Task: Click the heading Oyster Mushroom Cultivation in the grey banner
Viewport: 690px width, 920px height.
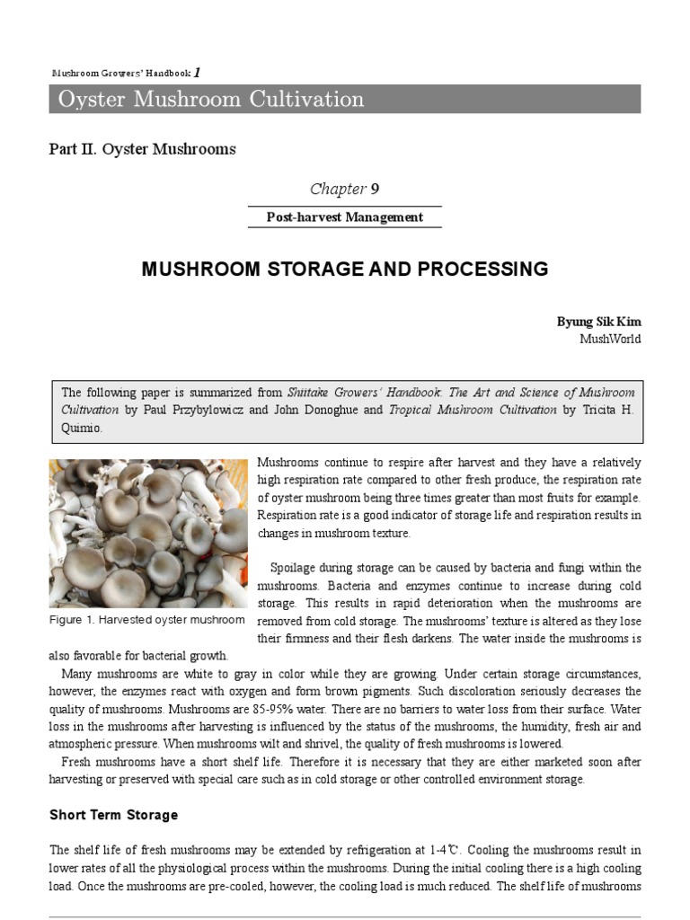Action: tap(211, 99)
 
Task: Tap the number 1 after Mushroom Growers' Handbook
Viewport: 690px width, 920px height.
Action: tap(197, 72)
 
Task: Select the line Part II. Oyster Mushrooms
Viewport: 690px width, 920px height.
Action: tap(142, 149)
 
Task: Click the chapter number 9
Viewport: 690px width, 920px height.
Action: tap(375, 189)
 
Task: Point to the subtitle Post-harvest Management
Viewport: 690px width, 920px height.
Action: tap(345, 217)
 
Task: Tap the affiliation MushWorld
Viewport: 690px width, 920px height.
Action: tap(611, 339)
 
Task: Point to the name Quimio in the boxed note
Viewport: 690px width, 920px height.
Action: tap(81, 428)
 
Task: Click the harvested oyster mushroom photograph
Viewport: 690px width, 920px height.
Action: tap(147, 533)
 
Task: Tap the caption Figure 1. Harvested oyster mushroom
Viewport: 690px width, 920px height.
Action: tap(147, 620)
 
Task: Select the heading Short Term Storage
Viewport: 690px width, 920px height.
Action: tap(113, 815)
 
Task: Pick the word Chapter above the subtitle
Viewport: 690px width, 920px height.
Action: tap(338, 189)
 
